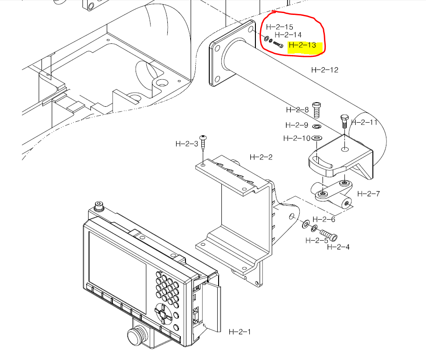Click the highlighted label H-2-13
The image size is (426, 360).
click(302, 46)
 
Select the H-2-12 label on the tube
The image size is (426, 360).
click(324, 70)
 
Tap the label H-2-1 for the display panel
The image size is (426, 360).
click(240, 332)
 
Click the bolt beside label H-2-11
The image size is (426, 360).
click(344, 120)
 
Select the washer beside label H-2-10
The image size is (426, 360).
click(317, 138)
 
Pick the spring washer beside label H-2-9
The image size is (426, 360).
click(316, 126)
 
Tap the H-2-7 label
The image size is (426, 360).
click(369, 194)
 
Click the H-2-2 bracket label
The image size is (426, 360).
click(261, 157)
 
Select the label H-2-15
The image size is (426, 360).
click(280, 27)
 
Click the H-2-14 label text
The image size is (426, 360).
click(288, 35)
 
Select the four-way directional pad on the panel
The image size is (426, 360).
click(162, 313)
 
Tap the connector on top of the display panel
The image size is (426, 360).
click(98, 206)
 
